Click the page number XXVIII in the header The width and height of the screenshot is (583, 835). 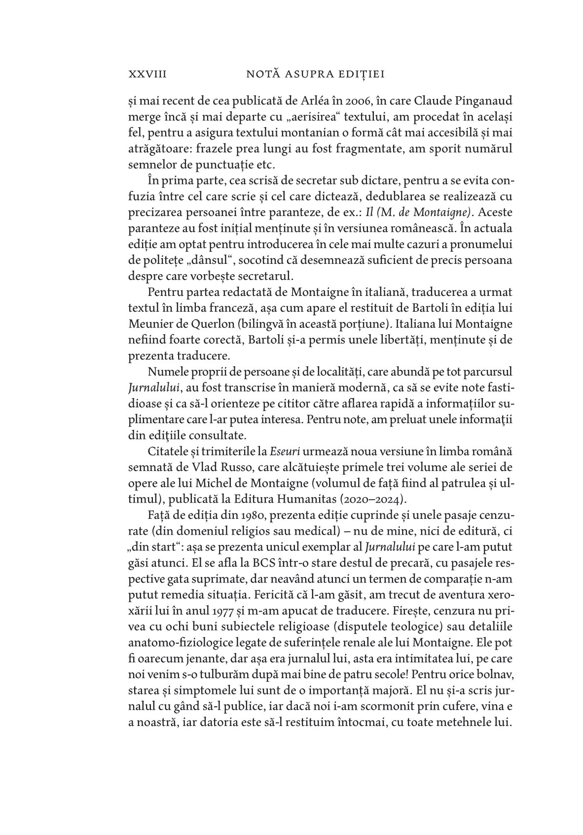point(147,74)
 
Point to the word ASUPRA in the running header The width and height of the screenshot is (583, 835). point(300,74)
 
